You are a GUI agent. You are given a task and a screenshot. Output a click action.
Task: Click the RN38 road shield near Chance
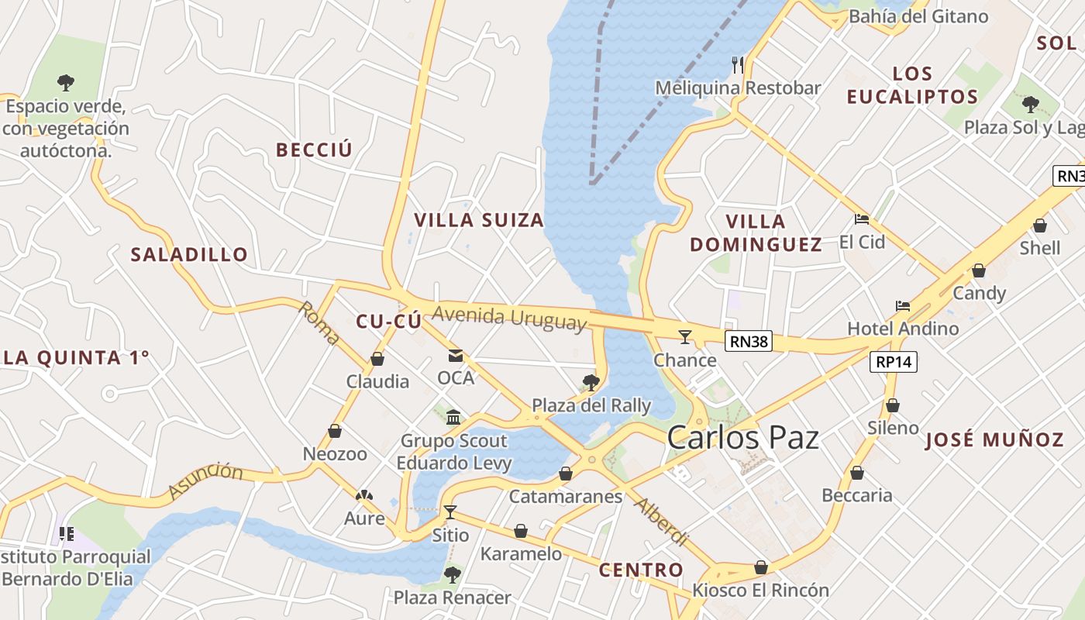749,341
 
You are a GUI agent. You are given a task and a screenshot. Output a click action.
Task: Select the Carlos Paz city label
742,438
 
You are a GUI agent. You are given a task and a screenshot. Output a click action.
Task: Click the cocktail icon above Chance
685,336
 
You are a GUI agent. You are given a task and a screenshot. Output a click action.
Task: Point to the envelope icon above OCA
455,356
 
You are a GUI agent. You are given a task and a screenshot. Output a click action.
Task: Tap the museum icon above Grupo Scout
453,418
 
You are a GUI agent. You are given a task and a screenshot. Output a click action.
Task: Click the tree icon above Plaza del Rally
591,382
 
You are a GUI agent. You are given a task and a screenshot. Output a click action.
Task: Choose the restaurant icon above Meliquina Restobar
737,64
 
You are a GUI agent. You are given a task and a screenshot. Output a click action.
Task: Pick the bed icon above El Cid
862,219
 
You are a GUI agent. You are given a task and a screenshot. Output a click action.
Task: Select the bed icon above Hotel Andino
902,306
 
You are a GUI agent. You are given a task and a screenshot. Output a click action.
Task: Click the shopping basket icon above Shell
1039,226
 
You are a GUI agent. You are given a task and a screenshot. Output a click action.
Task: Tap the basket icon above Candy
979,270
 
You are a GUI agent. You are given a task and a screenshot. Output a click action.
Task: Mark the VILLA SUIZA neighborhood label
479,220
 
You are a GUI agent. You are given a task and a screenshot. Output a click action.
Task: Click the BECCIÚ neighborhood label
314,150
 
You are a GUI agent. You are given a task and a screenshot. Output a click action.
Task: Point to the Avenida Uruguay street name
509,318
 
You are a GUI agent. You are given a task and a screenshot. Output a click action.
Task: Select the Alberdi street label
661,522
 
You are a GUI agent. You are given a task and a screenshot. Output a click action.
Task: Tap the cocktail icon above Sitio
449,512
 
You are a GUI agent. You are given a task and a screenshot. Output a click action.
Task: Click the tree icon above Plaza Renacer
452,575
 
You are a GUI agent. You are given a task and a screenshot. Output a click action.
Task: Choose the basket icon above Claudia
377,359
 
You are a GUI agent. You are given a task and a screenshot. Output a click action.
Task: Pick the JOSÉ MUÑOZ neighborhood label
994,440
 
